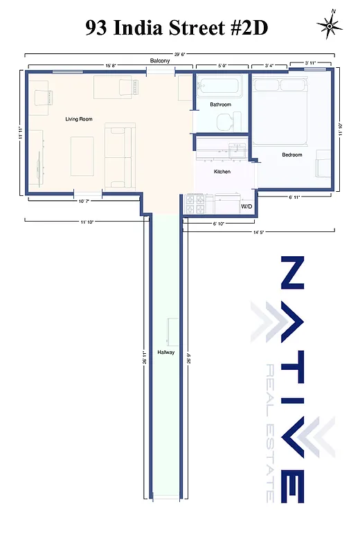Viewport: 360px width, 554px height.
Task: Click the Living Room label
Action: point(79,119)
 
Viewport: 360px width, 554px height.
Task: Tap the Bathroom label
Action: point(221,105)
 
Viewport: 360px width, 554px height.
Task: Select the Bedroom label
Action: point(292,155)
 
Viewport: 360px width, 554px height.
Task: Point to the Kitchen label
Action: point(222,172)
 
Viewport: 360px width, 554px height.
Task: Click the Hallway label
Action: point(165,352)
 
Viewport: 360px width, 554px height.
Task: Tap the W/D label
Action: point(246,206)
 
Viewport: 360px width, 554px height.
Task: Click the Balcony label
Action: point(160,62)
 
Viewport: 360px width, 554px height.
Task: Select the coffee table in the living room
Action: point(82,155)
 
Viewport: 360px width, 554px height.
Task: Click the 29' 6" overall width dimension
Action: point(179,53)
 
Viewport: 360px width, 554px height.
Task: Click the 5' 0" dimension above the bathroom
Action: point(222,66)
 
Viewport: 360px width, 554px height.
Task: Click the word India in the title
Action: point(149,28)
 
